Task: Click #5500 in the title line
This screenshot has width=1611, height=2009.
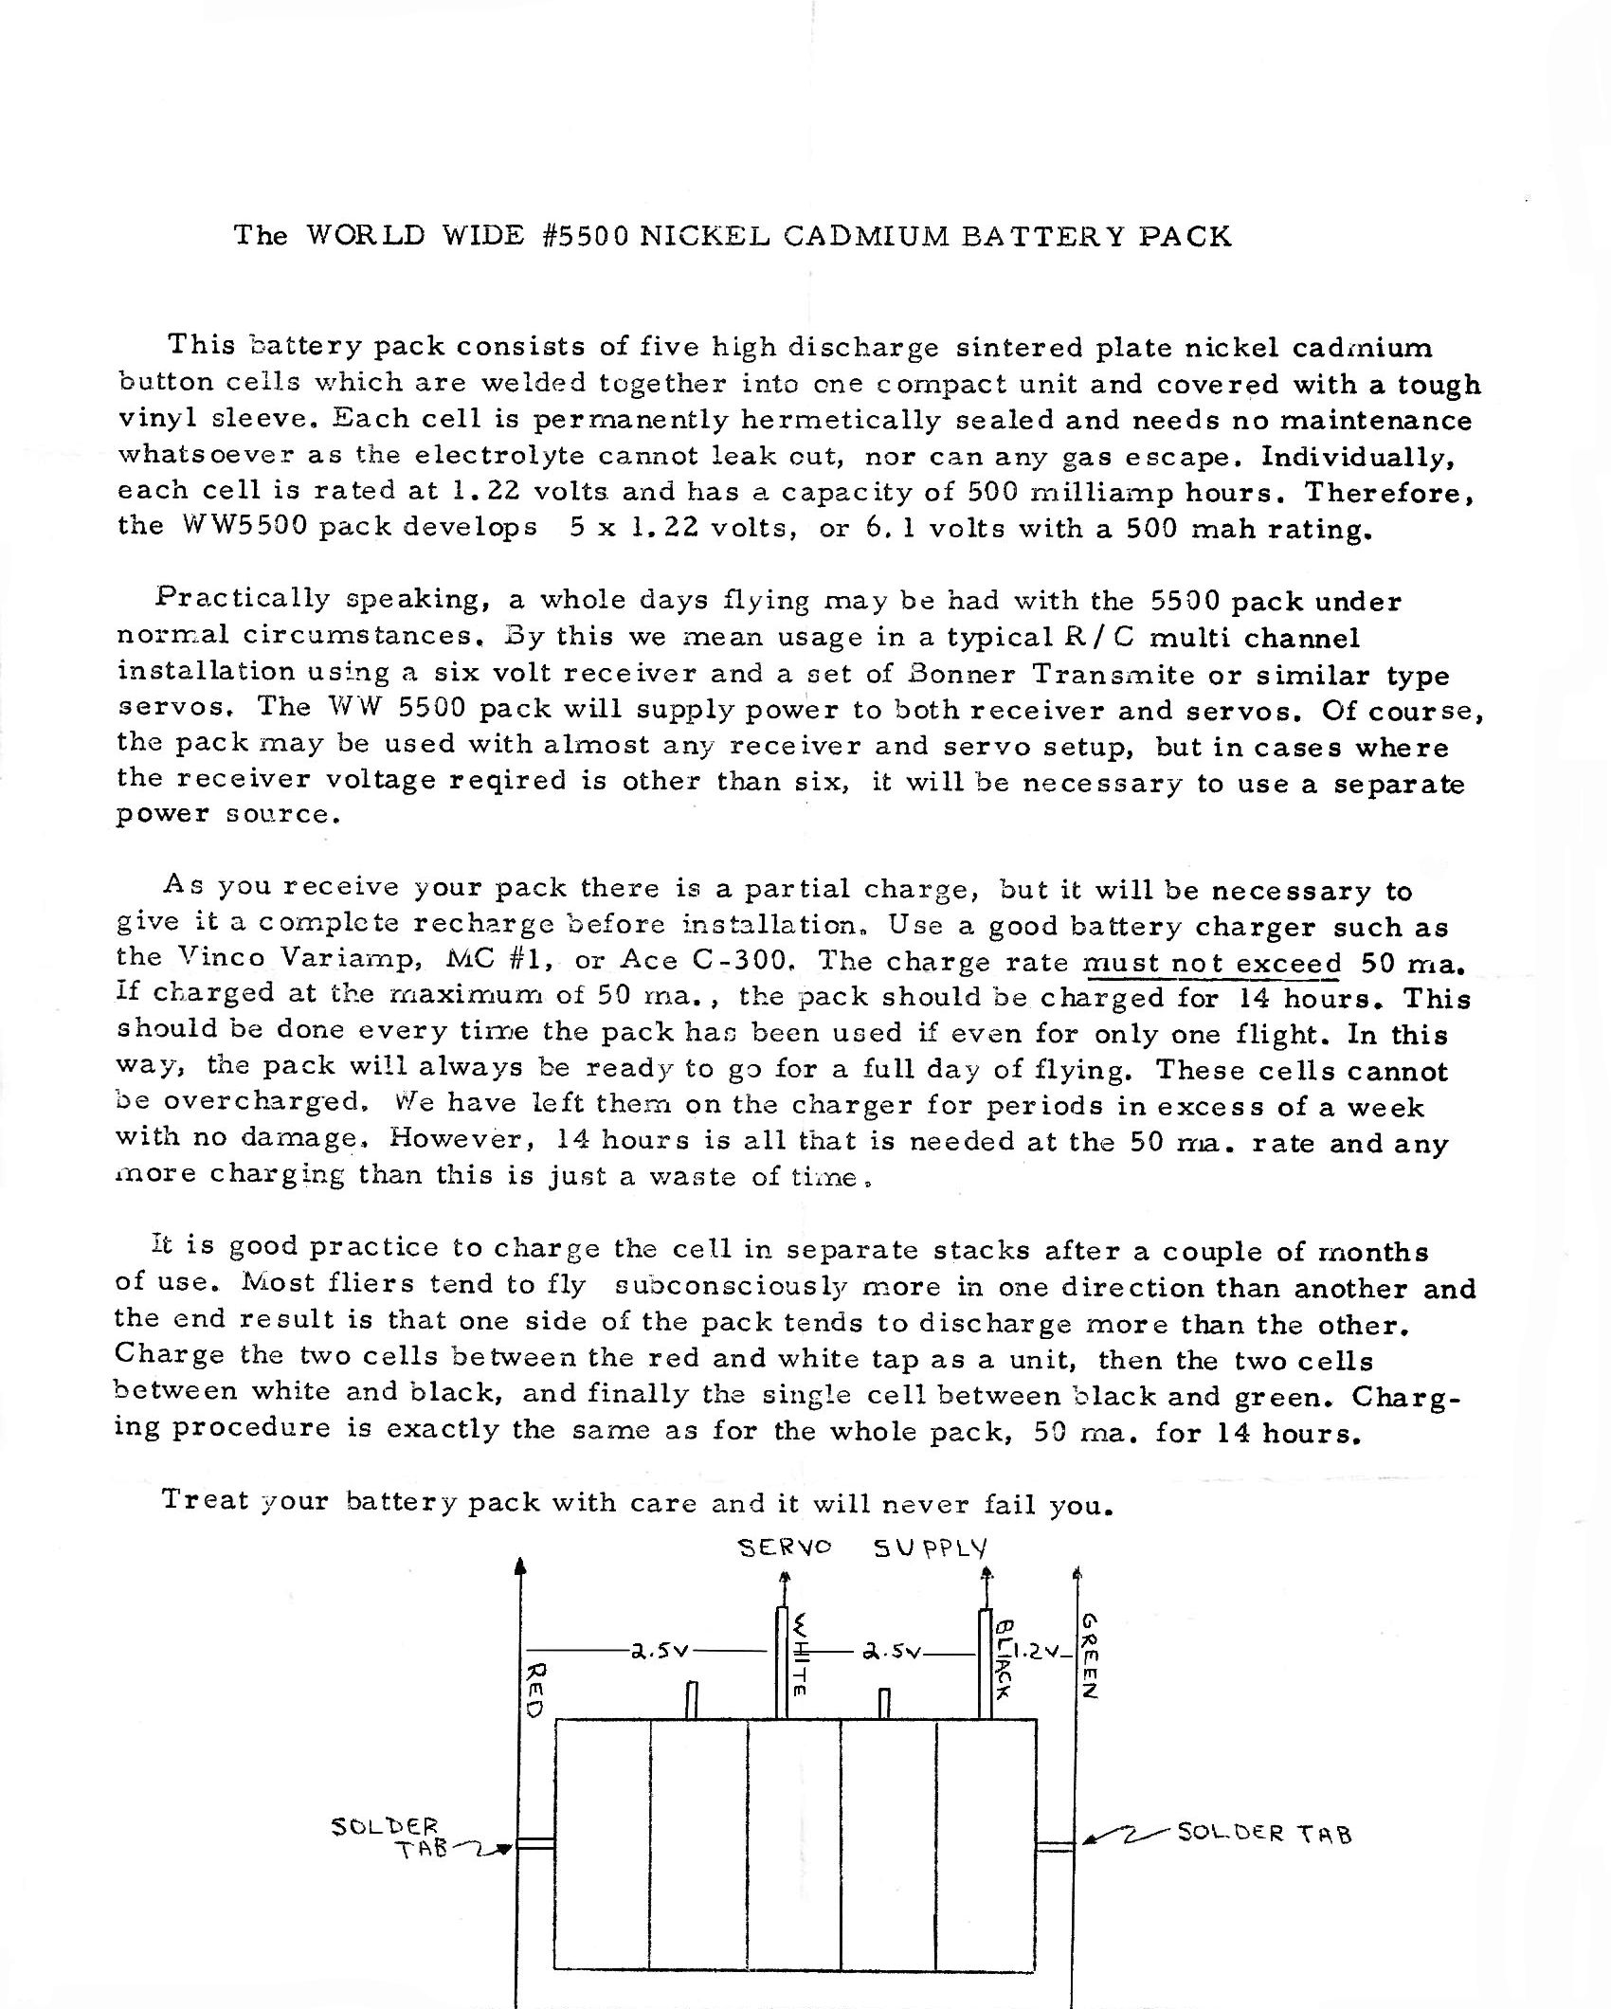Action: click(588, 235)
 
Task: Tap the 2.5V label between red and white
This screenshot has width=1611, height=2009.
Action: click(661, 1650)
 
